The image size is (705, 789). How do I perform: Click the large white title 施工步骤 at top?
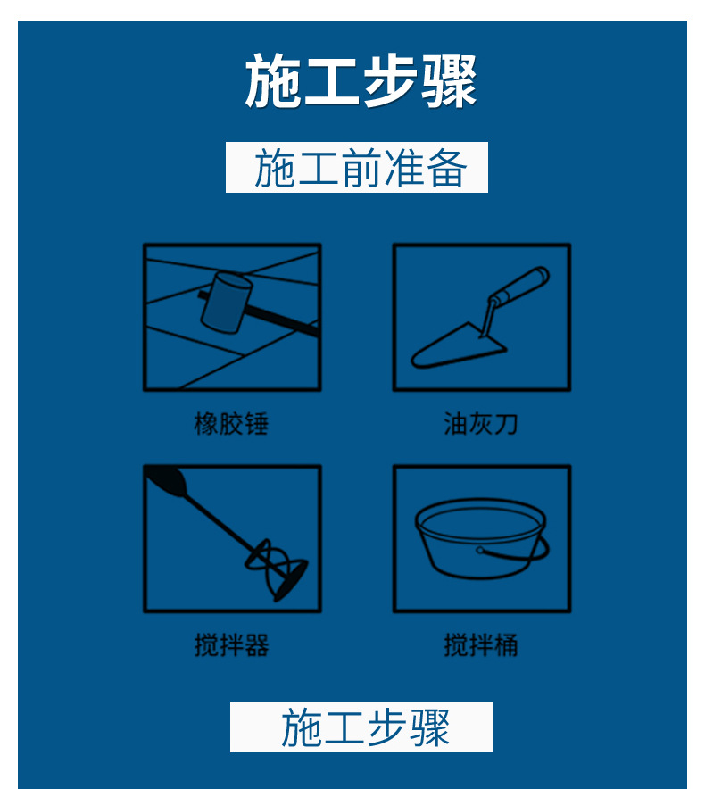[361, 82]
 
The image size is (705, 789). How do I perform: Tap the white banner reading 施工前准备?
[357, 168]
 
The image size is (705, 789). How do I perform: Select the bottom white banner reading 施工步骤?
[361, 727]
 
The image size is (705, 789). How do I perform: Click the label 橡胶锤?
[231, 423]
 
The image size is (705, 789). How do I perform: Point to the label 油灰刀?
[481, 423]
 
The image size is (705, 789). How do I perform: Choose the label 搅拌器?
[231, 644]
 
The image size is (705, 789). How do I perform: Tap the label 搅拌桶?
[481, 644]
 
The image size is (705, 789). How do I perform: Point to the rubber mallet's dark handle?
[286, 320]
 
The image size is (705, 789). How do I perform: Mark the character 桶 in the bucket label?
[506, 644]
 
